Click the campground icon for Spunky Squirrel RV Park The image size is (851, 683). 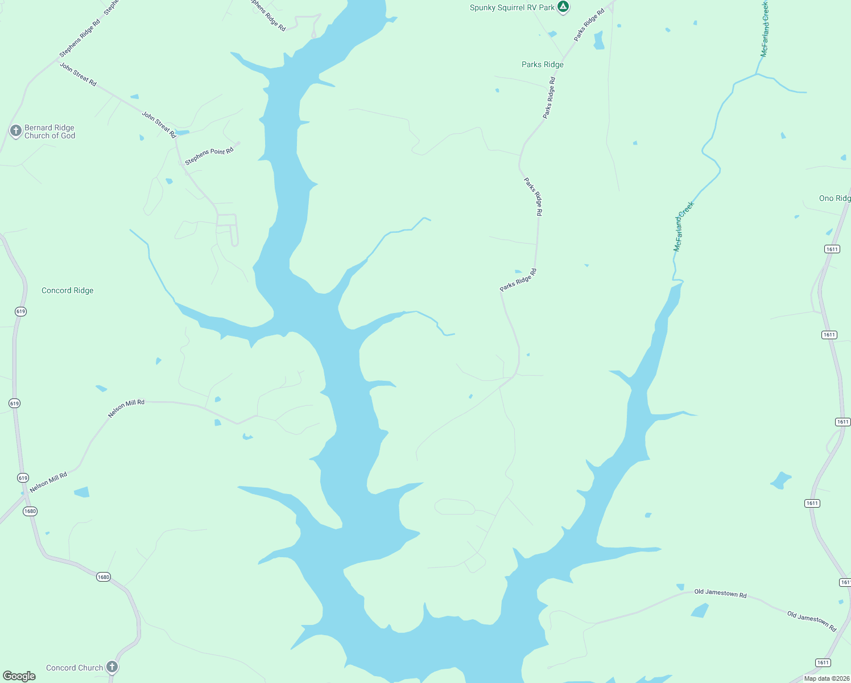pos(563,7)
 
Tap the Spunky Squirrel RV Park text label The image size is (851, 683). pos(512,8)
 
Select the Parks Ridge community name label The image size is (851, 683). pos(542,64)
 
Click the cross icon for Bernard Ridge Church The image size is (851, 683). pos(15,131)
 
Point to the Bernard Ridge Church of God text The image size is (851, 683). pos(49,131)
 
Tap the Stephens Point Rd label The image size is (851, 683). pos(209,156)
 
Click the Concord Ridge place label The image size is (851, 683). pos(67,290)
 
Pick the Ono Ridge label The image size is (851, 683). pos(835,198)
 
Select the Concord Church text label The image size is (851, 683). pos(75,668)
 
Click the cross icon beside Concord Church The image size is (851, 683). pos(112,666)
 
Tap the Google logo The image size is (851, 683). pos(19,676)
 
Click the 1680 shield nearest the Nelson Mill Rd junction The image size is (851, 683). pos(30,511)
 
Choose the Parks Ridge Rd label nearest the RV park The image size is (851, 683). pos(589,25)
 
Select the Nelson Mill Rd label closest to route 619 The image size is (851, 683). pos(48,482)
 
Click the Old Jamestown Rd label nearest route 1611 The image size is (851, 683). pos(812,621)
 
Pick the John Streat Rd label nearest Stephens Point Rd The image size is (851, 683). pos(159,125)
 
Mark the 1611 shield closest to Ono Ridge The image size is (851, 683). pos(832,249)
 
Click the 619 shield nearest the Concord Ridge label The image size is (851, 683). pos(21,311)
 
